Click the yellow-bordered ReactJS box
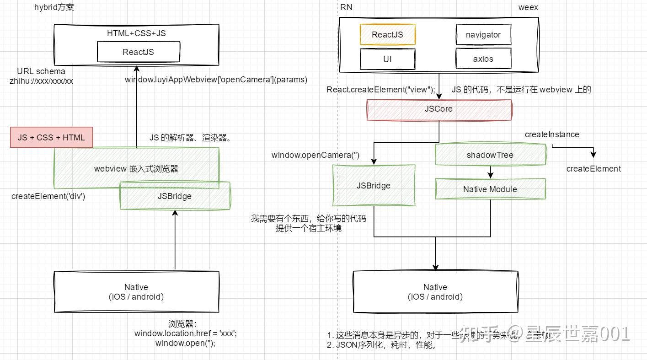coord(387,35)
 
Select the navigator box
coord(483,35)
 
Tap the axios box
coord(483,59)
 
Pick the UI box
coord(387,59)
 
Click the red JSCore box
coord(439,109)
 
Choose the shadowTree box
coord(490,155)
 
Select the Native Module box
coord(490,189)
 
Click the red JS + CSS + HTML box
coord(51,138)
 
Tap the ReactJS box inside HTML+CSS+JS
coord(138,52)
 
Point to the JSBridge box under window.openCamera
coord(373,186)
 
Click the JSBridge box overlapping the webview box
coord(175,196)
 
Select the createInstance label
coord(551,134)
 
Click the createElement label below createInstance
coord(593,169)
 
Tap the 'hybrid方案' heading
coord(54,7)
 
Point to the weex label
coord(528,7)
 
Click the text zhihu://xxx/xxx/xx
coord(41,81)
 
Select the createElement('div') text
coord(48,196)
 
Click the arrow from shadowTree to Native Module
coord(490,172)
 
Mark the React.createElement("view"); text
coord(380,90)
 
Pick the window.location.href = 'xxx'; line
coord(185,333)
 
